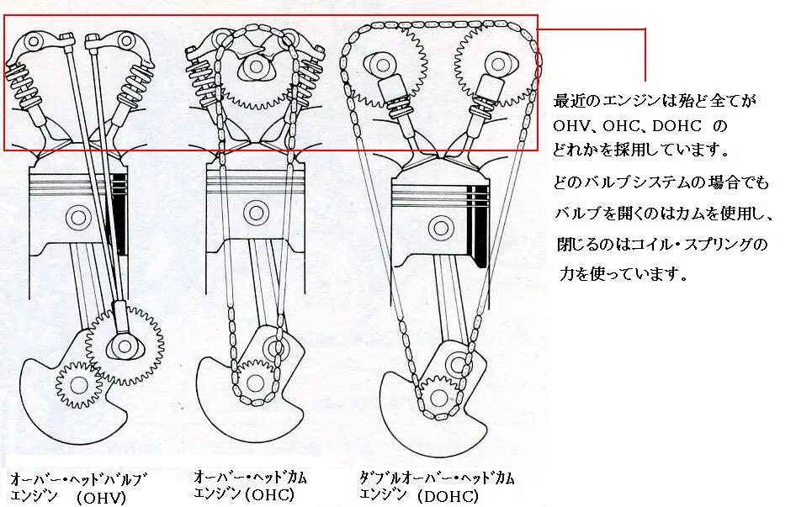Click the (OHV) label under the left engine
click(100, 498)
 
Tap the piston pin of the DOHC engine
click(439, 226)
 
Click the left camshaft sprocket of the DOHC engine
click(383, 64)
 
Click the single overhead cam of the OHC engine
click(253, 67)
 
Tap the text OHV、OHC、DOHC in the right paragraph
click(639, 127)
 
